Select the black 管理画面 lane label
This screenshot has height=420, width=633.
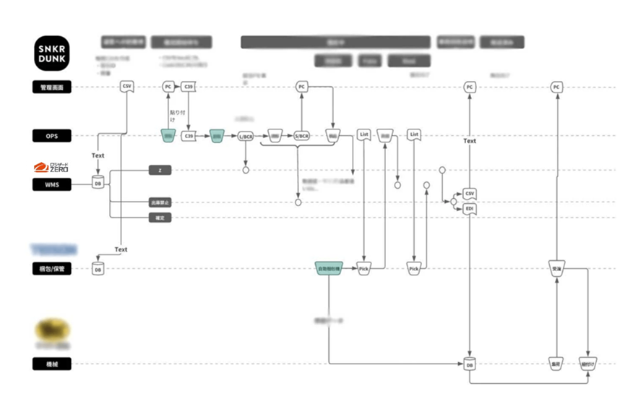pos(52,87)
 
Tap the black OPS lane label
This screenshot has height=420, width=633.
pos(52,135)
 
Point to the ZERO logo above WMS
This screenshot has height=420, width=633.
pos(52,168)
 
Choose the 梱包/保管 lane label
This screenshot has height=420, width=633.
pos(52,269)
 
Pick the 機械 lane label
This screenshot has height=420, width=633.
pos(52,364)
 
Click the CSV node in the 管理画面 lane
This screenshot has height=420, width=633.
pos(127,87)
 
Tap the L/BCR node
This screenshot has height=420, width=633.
pos(246,135)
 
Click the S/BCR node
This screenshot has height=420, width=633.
pos(301,135)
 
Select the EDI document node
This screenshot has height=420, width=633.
pos(470,209)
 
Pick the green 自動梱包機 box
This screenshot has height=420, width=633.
pos(329,269)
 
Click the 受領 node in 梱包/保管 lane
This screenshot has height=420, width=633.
pos(556,268)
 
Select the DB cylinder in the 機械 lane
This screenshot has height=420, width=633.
pos(470,364)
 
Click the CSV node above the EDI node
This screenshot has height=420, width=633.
pos(470,194)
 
